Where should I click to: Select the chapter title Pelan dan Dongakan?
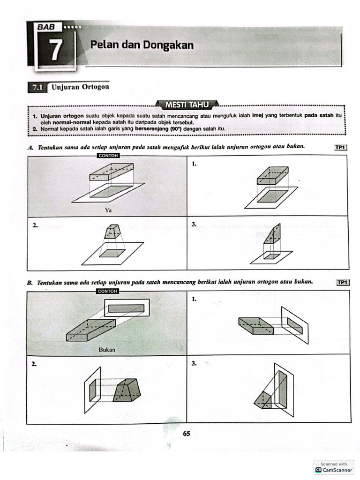tap(142, 45)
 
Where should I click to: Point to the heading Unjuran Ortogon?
tap(80, 87)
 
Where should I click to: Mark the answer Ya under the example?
tap(108, 210)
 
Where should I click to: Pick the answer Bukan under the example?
tap(107, 349)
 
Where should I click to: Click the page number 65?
tap(187, 434)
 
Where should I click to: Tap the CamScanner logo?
tap(334, 469)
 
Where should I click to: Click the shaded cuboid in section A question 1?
tap(272, 175)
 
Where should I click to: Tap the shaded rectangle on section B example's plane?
tap(126, 308)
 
